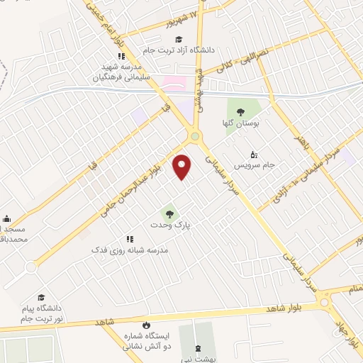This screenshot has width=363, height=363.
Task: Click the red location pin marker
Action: (x=183, y=167)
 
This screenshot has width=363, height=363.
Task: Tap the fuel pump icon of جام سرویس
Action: (x=255, y=154)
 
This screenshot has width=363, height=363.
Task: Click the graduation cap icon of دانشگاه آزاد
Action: (x=179, y=39)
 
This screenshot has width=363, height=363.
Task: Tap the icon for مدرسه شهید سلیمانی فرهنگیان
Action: (x=121, y=56)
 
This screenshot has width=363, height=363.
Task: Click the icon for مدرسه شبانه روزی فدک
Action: (x=129, y=240)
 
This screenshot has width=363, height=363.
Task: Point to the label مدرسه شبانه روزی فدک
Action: (x=128, y=251)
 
